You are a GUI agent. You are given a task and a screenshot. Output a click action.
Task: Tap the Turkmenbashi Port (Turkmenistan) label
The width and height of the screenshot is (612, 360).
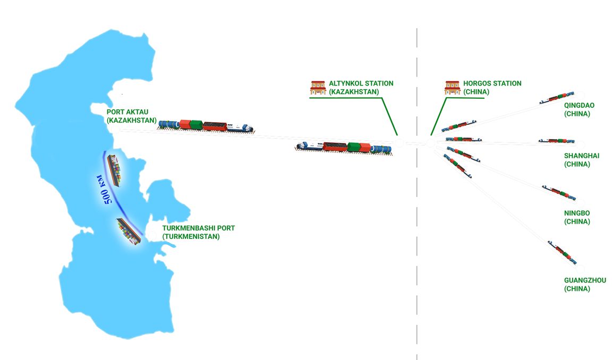pyautogui.click(x=198, y=232)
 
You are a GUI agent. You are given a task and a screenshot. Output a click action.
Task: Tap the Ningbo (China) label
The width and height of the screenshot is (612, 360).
pyautogui.click(x=577, y=217)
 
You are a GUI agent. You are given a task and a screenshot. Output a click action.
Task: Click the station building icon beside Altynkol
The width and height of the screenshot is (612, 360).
pyautogui.click(x=318, y=88)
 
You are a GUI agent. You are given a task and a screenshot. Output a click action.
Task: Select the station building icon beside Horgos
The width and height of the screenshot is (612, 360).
pyautogui.click(x=452, y=88)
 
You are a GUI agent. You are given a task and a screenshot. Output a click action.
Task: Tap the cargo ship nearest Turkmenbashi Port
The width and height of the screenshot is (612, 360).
pyautogui.click(x=129, y=232)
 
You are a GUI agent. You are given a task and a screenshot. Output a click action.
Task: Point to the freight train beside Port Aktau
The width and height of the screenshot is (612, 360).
pyautogui.click(x=205, y=125)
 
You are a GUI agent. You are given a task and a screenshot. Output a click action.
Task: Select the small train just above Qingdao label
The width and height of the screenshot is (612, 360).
pyautogui.click(x=557, y=98)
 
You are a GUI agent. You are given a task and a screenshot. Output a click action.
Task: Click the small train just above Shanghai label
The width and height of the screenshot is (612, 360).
pyautogui.click(x=556, y=141)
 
